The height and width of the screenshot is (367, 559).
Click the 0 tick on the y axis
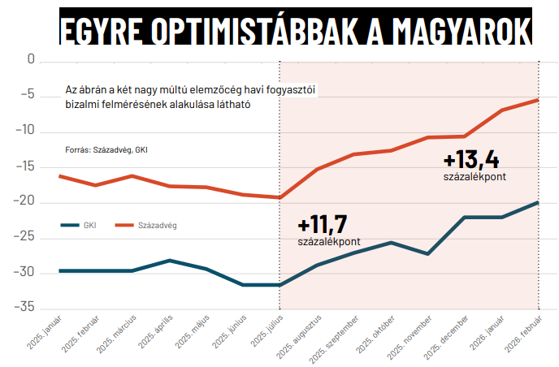pos(32,60)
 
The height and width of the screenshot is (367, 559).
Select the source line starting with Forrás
pos(106,150)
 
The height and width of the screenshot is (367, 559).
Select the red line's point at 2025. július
pos(280,197)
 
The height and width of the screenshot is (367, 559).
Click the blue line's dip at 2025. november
pos(428,254)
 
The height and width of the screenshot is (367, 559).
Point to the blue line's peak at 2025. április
pos(169,260)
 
